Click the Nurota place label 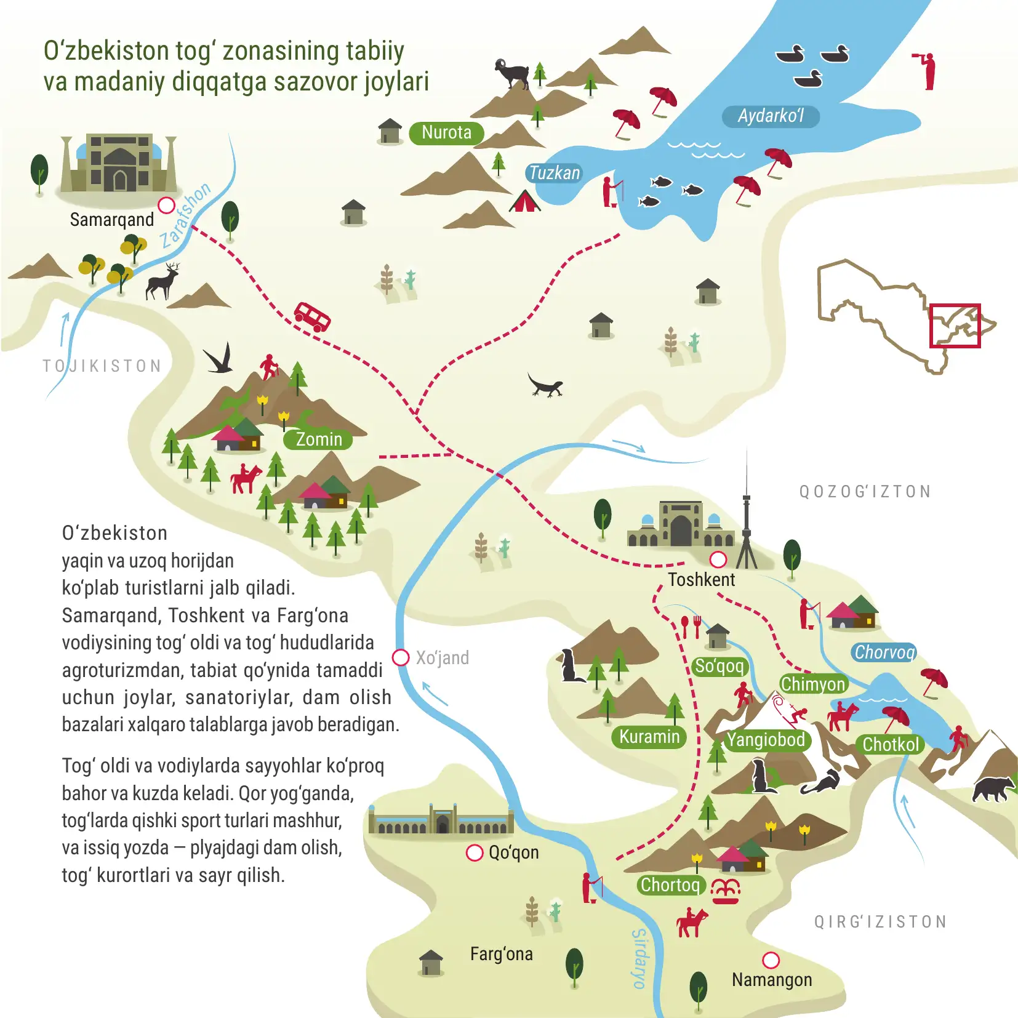(446, 133)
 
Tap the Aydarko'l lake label (771, 116)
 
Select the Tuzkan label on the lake (555, 173)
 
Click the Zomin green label (318, 439)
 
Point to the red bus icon (312, 316)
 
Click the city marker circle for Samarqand (166, 205)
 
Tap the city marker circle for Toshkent (718, 559)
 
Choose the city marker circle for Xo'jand (401, 657)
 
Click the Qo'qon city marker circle (475, 852)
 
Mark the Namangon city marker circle (771, 960)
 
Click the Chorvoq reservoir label (884, 652)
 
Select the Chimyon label (813, 684)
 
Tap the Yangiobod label (766, 740)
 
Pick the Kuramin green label (649, 737)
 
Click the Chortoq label (670, 885)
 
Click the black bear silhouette (993, 789)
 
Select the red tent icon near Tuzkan (524, 201)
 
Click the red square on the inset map (955, 325)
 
